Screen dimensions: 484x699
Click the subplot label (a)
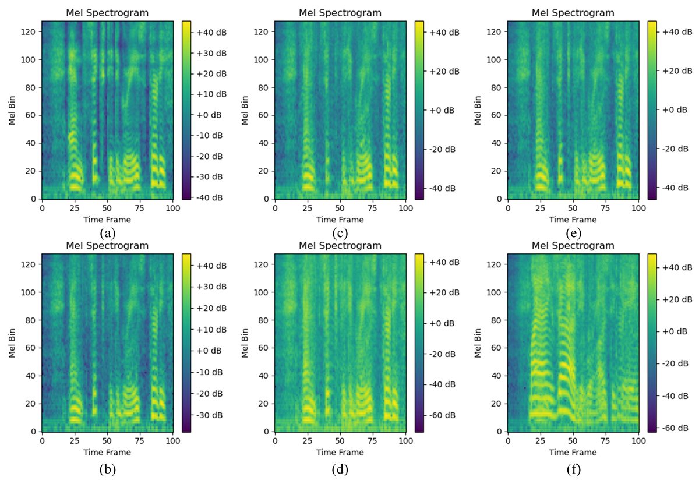coord(107,234)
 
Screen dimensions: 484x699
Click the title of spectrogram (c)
coord(340,13)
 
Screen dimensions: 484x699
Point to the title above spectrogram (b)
coord(107,246)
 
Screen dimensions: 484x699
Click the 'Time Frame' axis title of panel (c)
coord(340,220)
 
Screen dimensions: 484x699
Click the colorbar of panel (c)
coord(419,110)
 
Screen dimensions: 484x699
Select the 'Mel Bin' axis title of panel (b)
coord(12,343)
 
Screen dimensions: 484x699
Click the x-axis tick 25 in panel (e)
coord(540,208)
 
